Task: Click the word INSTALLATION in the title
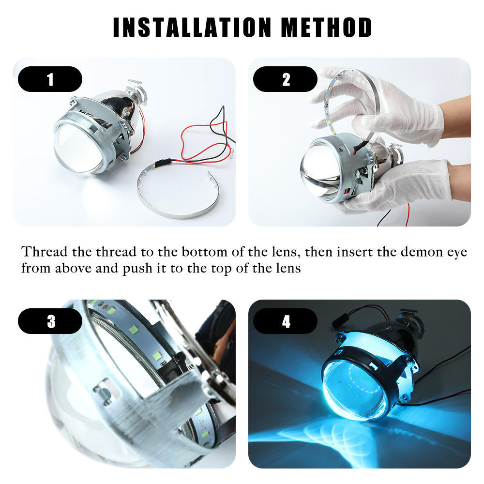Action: [192, 28]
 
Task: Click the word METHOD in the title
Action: [326, 28]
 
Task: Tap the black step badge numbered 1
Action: [50, 79]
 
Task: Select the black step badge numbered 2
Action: [285, 79]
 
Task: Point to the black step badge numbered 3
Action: [50, 321]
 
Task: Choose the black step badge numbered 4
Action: [285, 321]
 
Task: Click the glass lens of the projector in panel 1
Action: [77, 148]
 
